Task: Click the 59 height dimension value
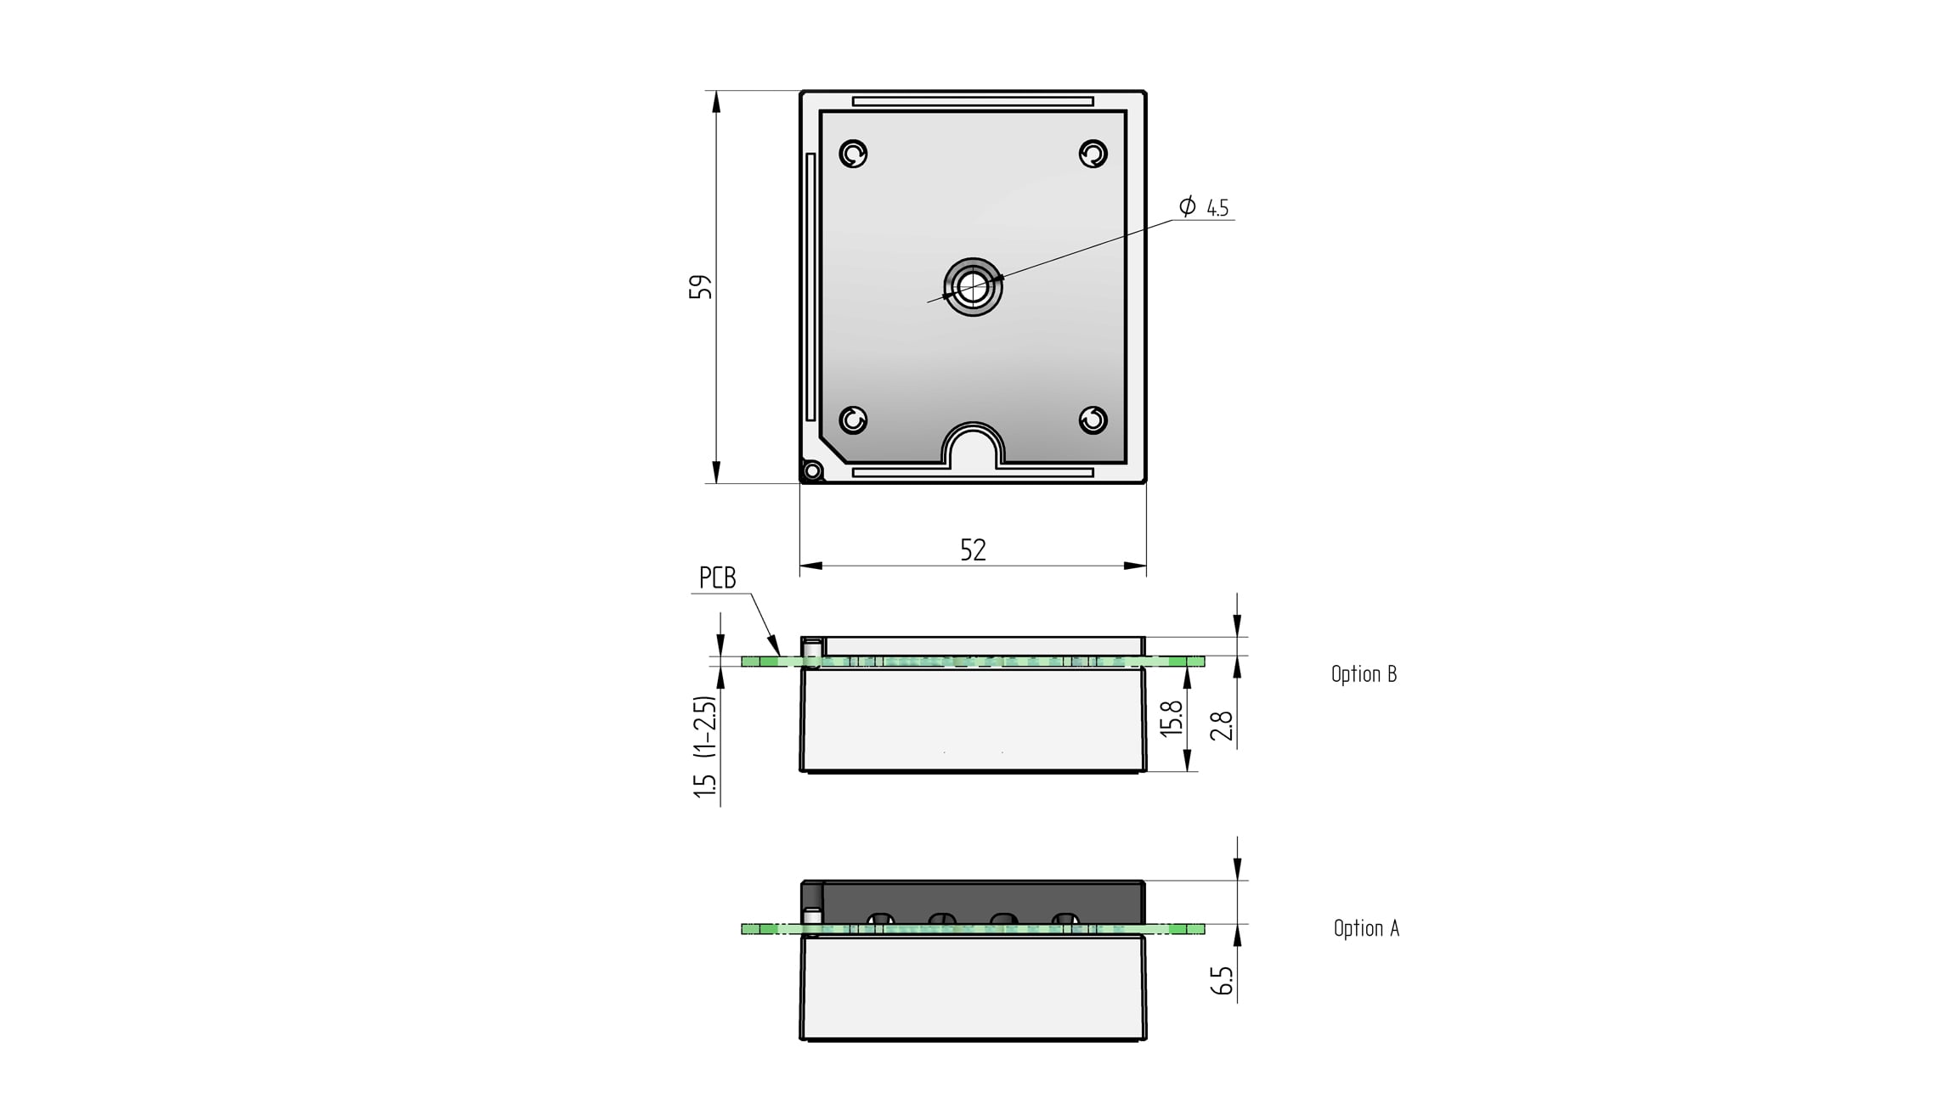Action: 700,286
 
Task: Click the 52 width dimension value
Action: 973,550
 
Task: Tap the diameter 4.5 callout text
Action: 1206,207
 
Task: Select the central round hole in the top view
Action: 973,286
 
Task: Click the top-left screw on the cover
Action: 853,154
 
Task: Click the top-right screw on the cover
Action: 1093,154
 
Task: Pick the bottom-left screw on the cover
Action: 853,420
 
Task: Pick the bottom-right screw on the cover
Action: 1093,420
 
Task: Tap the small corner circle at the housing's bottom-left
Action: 812,470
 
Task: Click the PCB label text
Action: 717,578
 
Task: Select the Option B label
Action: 1364,674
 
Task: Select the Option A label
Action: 1366,928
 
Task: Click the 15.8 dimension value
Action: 1172,718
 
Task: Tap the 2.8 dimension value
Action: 1222,726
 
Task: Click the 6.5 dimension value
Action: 1222,980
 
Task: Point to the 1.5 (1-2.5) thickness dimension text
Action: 706,746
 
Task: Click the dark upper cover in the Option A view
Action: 977,896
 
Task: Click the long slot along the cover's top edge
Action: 973,101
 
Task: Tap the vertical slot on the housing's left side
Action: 810,286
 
